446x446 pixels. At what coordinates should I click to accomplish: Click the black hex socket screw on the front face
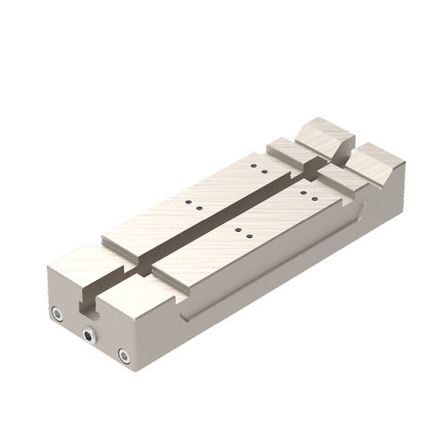pos(88,335)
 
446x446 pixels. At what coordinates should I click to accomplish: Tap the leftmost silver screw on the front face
pos(56,315)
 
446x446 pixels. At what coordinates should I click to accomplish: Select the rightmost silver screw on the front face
pos(124,356)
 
